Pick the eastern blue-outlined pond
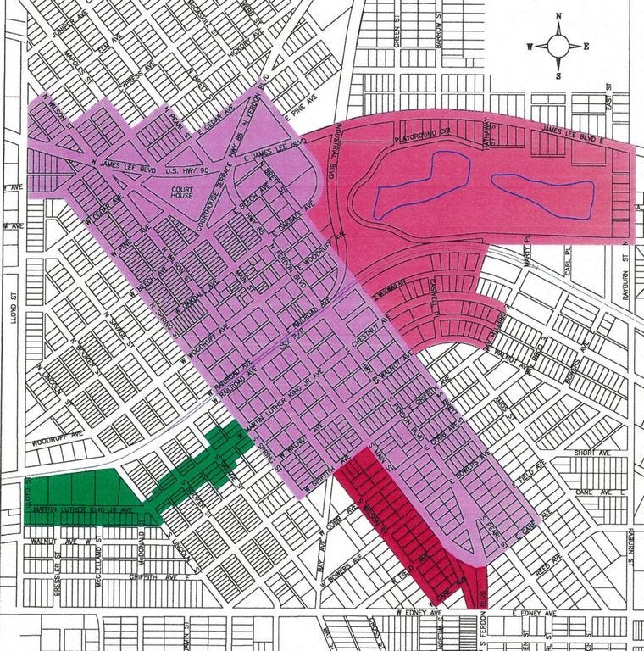[539, 195]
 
